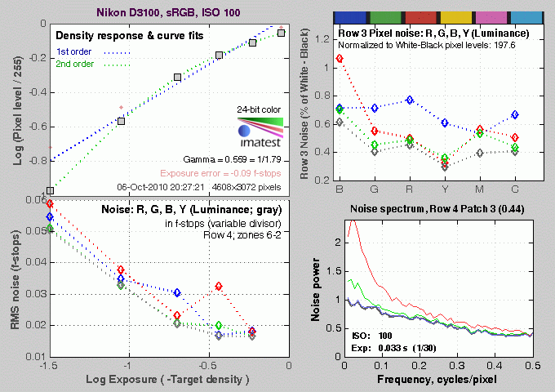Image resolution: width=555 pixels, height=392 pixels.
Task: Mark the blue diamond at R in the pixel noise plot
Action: point(410,100)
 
